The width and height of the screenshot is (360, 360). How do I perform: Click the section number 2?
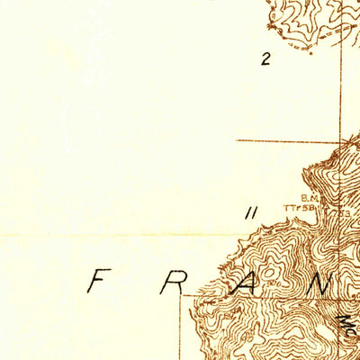pyautogui.click(x=265, y=60)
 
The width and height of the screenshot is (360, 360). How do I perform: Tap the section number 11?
pyautogui.click(x=251, y=212)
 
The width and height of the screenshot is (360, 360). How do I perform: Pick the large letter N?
pyautogui.click(x=322, y=283)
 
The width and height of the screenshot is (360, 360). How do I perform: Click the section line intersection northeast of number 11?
pyautogui.click(x=340, y=140)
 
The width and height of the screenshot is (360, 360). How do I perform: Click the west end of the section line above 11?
pyautogui.click(x=238, y=140)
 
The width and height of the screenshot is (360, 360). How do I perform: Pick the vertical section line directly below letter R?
pyautogui.click(x=184, y=328)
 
